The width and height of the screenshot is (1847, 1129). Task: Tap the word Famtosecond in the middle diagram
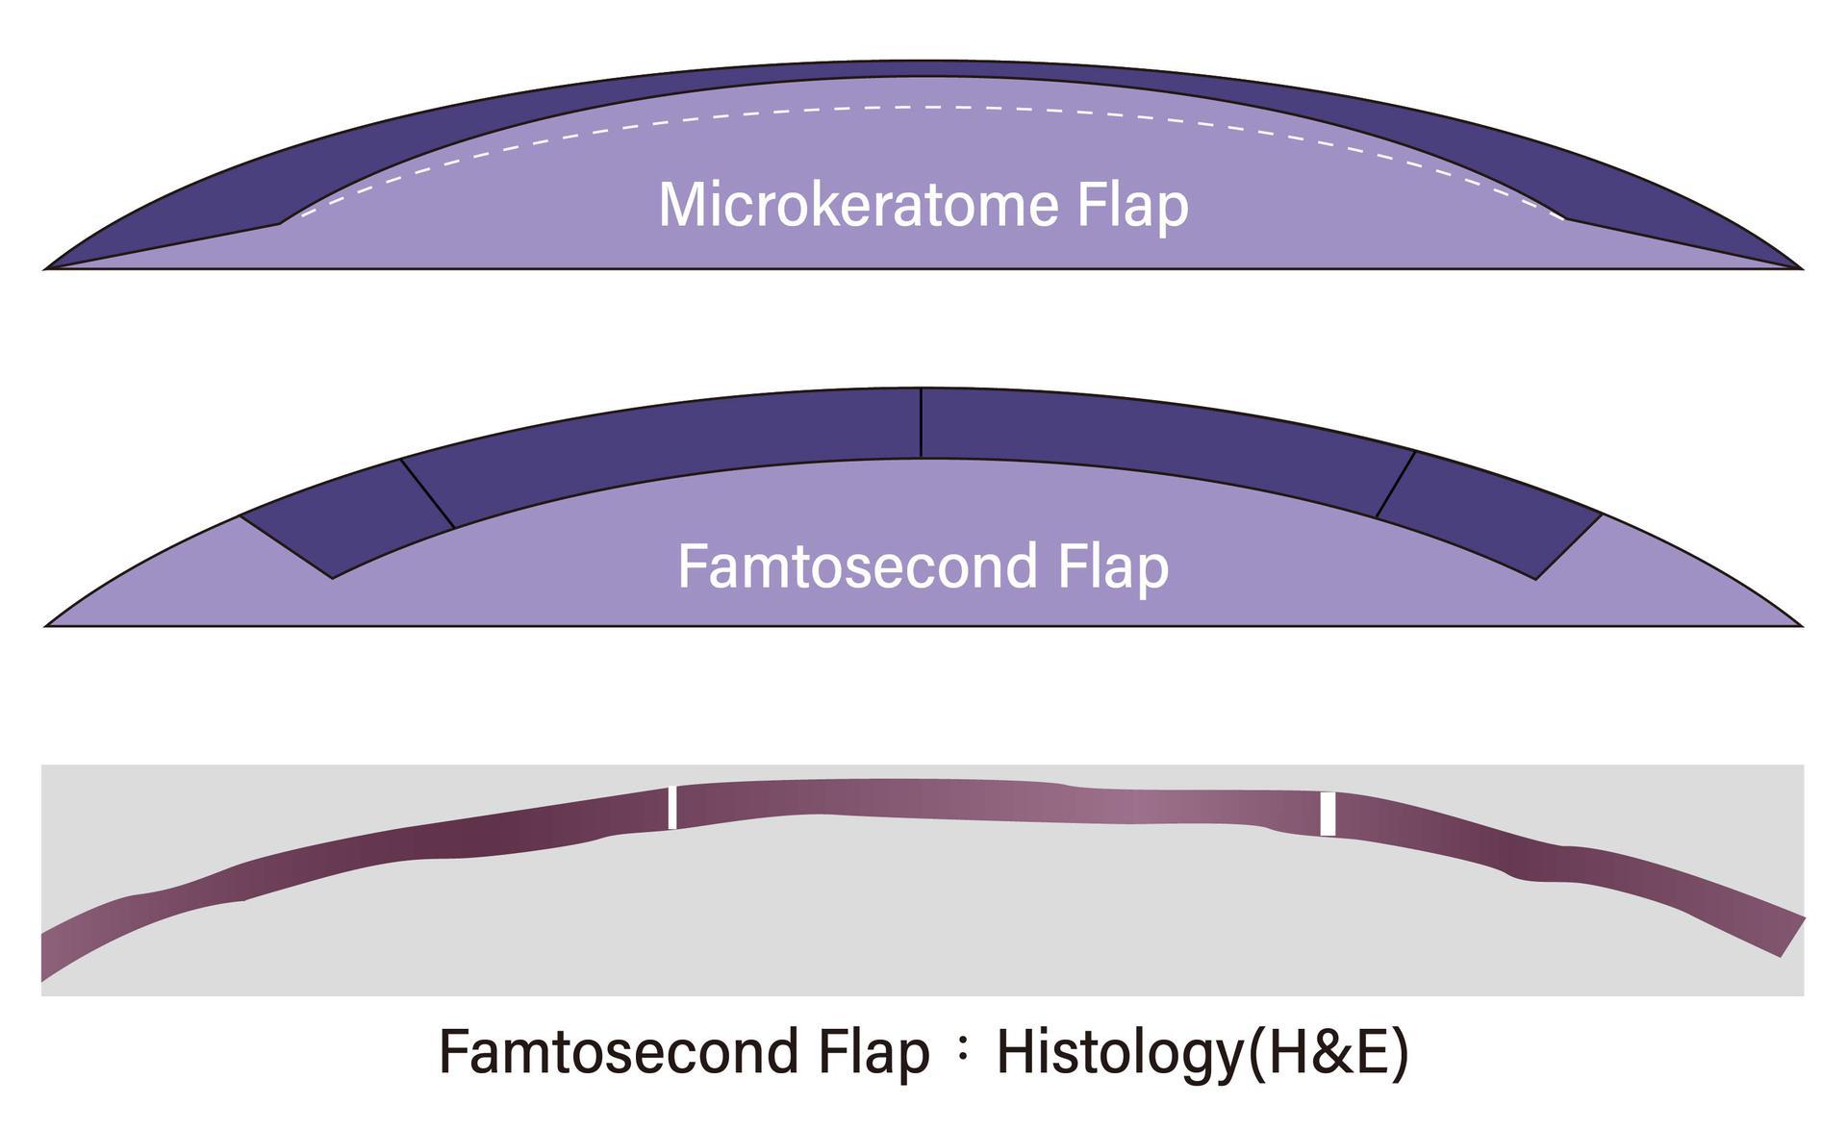point(857,566)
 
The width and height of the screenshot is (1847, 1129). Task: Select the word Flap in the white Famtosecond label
point(1113,566)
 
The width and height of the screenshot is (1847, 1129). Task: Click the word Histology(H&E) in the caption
point(1202,1051)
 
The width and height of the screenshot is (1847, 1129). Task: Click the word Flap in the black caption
point(873,1051)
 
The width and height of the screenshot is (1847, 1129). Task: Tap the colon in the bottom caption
point(963,1052)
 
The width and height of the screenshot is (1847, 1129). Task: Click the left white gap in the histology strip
point(672,808)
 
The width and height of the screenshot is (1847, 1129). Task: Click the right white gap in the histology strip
point(1328,814)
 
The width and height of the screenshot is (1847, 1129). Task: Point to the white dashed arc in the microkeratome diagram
point(923,108)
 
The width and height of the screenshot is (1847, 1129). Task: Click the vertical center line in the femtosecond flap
point(922,423)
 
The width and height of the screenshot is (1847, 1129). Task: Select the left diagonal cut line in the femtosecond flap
point(427,493)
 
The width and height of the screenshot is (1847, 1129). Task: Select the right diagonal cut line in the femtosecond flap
point(1396,485)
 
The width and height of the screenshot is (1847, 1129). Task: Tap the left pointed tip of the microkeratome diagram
point(48,267)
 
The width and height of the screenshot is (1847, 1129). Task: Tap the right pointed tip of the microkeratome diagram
point(1799,267)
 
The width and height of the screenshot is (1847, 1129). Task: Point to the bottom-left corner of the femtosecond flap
point(333,577)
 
